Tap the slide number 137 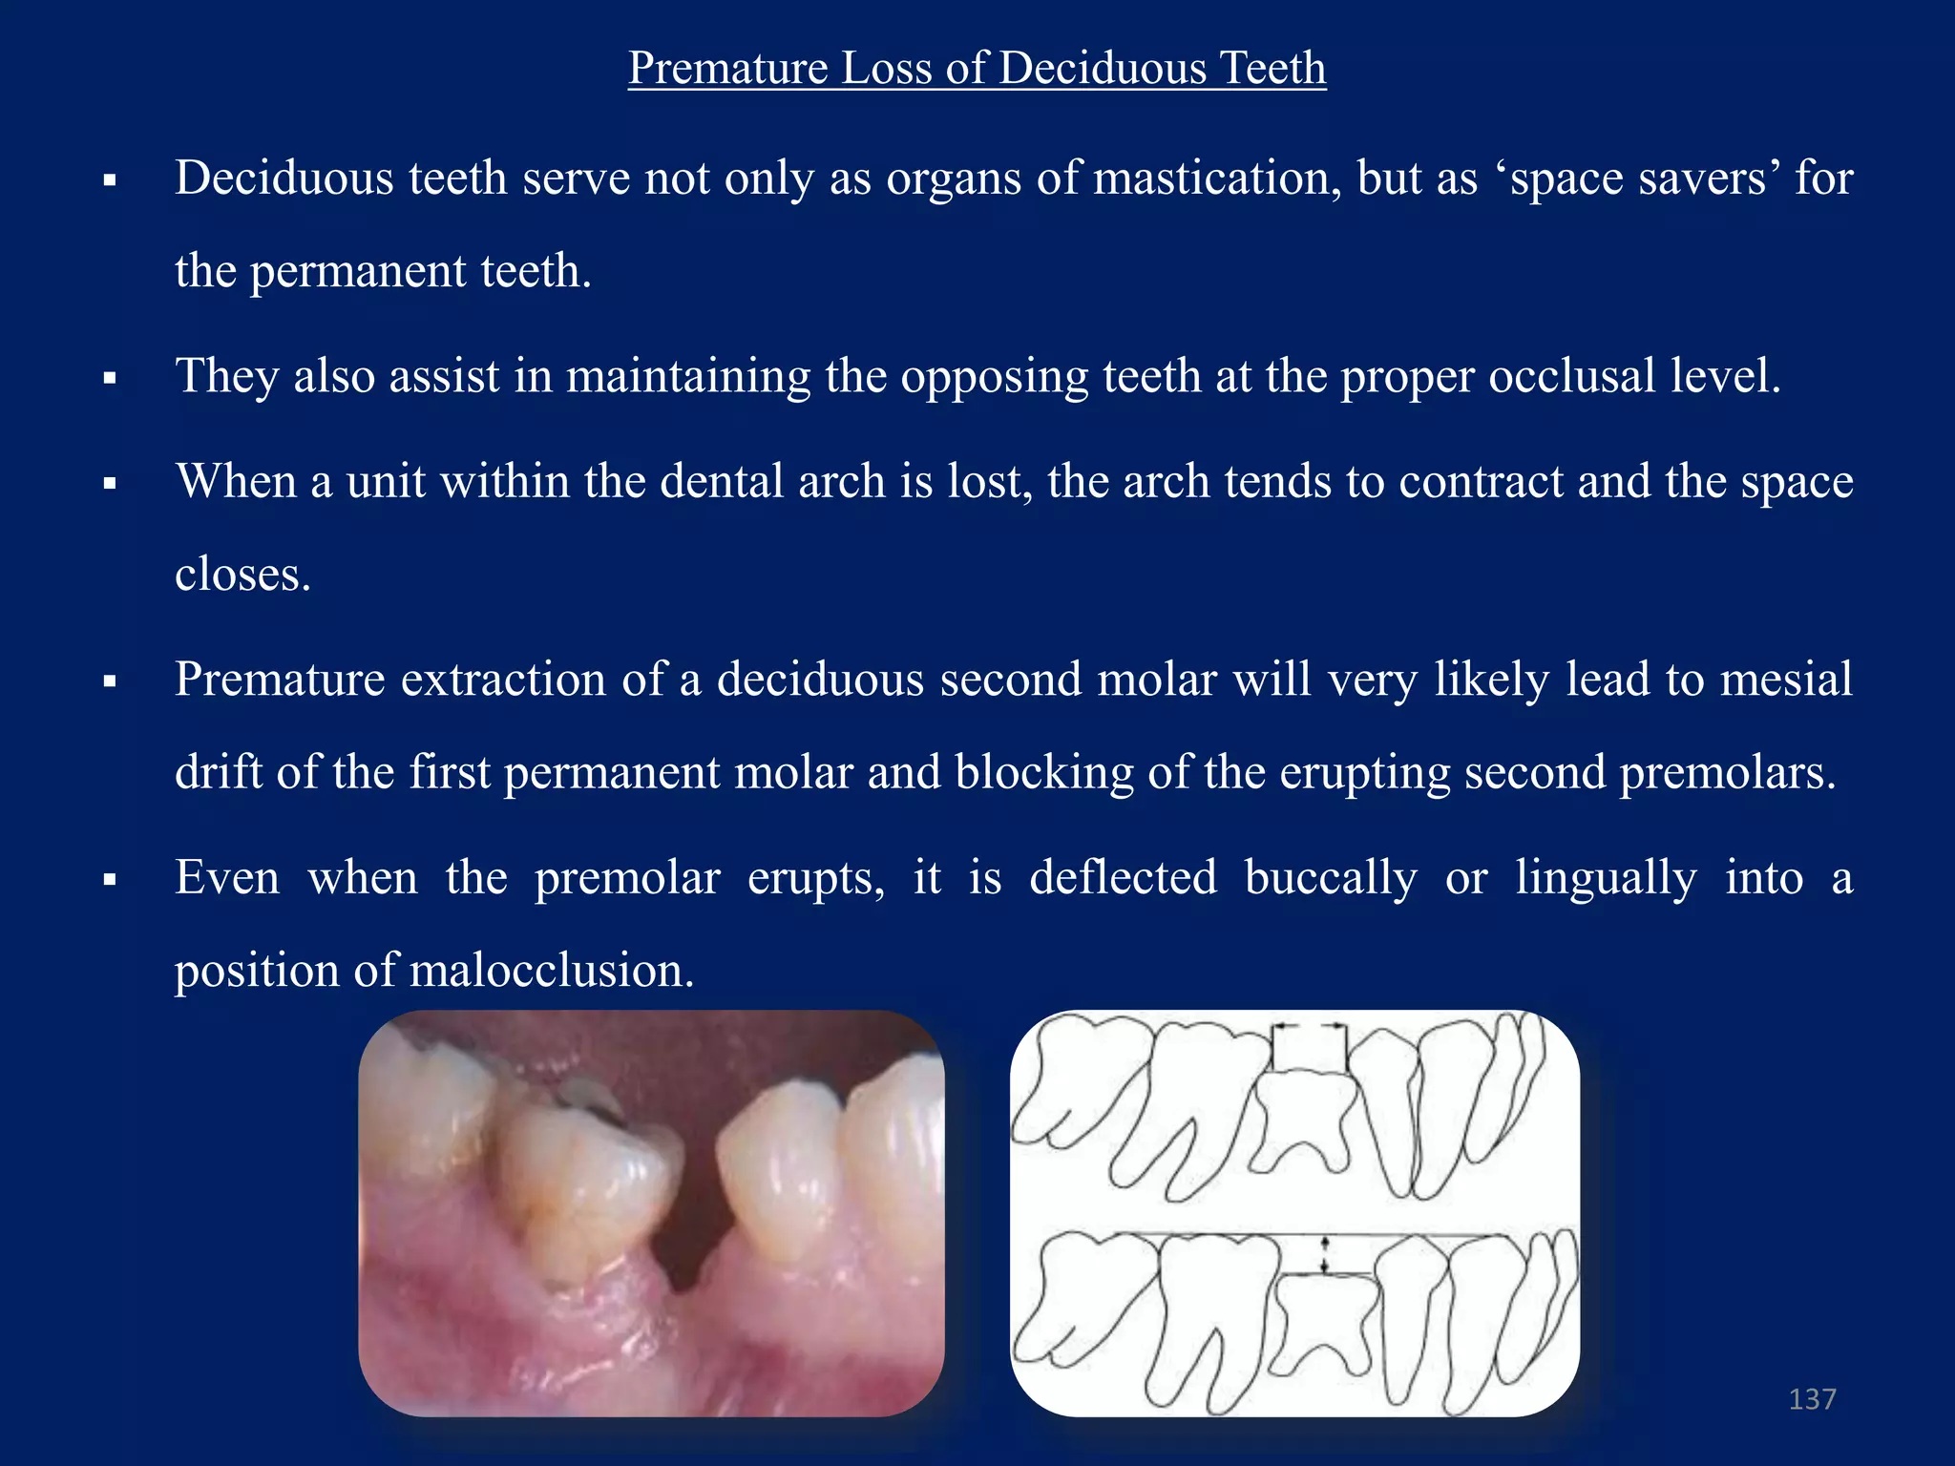tap(1812, 1399)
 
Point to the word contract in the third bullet tap(1481, 481)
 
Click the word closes tap(242, 575)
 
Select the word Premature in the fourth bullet tap(280, 680)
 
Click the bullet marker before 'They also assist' tap(110, 379)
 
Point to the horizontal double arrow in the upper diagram tap(1310, 1027)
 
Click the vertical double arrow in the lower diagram tap(1324, 1254)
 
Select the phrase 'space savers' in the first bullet tap(1638, 178)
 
